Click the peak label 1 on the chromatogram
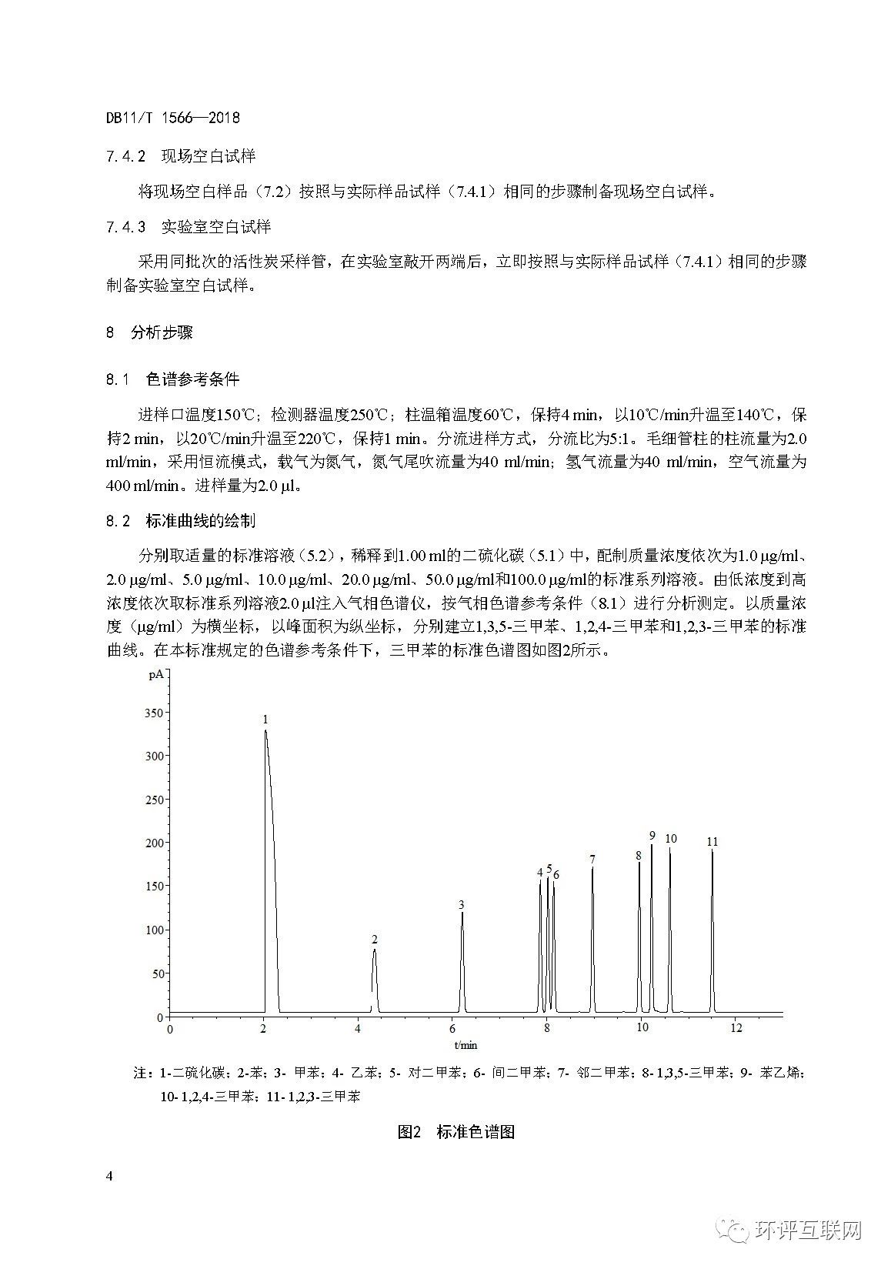(265, 720)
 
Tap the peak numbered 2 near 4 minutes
(375, 940)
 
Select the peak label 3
(461, 904)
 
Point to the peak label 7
(592, 859)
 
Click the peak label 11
(712, 842)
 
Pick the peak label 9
(652, 836)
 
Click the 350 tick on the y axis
(154, 713)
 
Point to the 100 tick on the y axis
(154, 930)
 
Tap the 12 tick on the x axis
(736, 1028)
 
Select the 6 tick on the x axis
(452, 1028)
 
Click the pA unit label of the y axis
(155, 675)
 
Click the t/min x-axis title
(466, 1044)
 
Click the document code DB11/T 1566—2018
(173, 118)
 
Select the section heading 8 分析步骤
(150, 333)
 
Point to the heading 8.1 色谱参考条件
(173, 379)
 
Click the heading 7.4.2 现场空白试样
(181, 156)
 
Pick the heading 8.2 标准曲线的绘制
(181, 521)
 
